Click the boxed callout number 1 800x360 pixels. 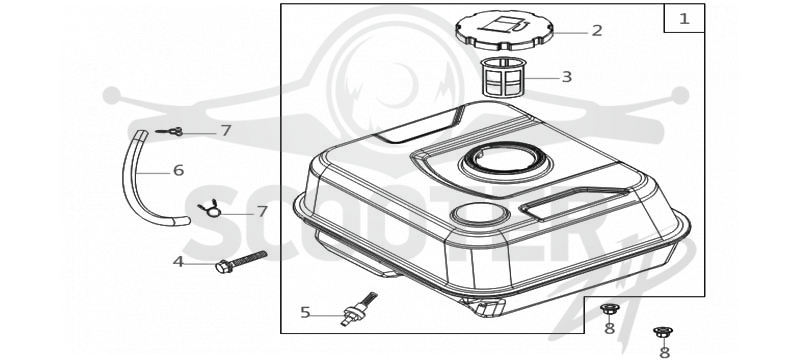684,19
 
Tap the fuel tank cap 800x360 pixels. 504,30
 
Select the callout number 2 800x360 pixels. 596,31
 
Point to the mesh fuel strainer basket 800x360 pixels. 504,77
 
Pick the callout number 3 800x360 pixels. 566,77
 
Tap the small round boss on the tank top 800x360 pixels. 480,215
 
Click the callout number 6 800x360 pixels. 178,170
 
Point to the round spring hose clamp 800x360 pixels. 210,209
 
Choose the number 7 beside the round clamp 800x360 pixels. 262,212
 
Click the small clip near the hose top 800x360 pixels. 170,132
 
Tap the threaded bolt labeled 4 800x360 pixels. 241,262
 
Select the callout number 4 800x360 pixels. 178,262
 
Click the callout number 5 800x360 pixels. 305,313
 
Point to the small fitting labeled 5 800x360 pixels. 358,309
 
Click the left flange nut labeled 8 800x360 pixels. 609,308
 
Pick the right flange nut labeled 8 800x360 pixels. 663,332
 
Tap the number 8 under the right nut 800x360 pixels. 664,352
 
